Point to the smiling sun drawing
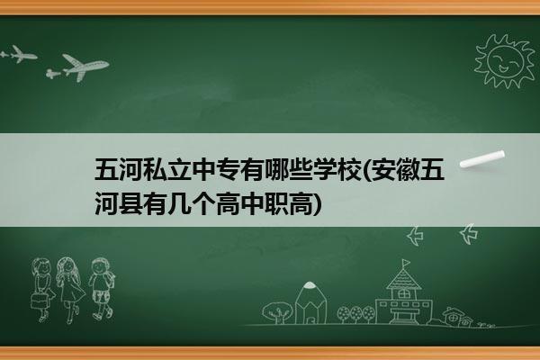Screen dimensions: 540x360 pos(505,61)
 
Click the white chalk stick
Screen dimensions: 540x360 pos(482,159)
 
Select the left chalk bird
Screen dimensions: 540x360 pos(415,236)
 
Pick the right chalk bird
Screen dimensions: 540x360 pos(469,234)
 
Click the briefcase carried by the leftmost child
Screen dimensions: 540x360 pos(39,301)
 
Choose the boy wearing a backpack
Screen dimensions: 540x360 pos(101,289)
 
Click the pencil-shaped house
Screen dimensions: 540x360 pos(310,303)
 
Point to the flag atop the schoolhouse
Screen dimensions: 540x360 pos(407,263)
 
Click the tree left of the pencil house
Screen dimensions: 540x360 pos(277,312)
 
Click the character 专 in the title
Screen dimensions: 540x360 pos(227,169)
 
